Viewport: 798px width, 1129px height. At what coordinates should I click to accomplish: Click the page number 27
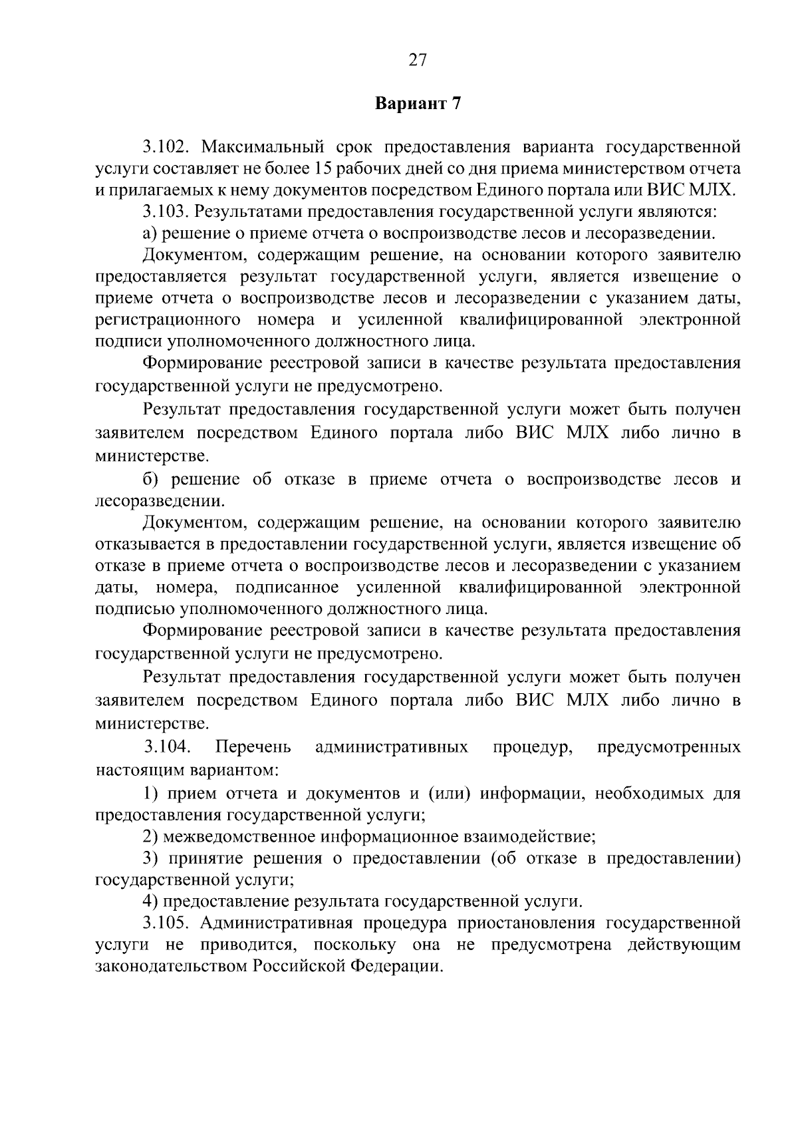tap(417, 61)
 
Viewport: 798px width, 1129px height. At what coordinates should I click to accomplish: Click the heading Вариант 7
tap(418, 104)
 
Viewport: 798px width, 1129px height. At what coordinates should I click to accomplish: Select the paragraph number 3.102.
tap(167, 146)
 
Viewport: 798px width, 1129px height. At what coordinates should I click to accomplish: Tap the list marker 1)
tap(150, 793)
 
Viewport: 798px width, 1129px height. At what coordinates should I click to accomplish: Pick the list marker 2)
tap(150, 836)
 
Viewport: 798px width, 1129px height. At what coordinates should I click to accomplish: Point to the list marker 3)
tap(150, 858)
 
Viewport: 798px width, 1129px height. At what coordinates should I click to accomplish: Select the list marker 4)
tap(150, 901)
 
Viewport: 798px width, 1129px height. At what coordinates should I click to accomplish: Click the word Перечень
tap(253, 747)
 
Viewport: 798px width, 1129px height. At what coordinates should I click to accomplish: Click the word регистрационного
tap(168, 320)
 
